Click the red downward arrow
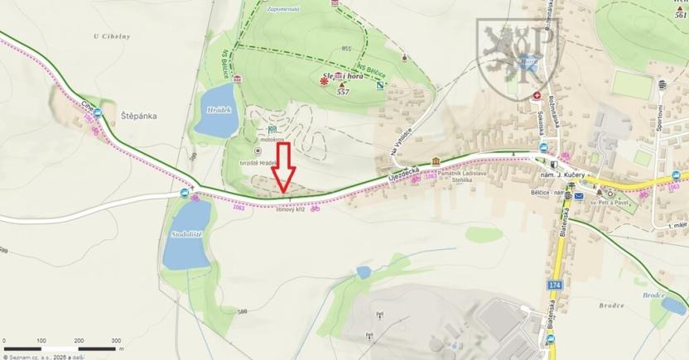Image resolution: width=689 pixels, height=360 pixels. [x=284, y=169]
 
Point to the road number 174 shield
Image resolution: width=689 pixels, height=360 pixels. [x=554, y=284]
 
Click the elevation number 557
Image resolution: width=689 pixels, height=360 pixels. [x=342, y=93]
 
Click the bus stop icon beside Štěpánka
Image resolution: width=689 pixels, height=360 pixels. [x=98, y=113]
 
